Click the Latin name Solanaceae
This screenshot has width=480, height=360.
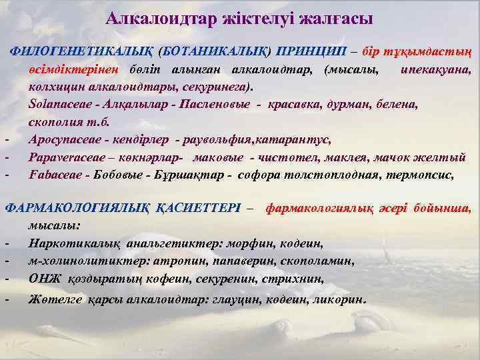(x=57, y=105)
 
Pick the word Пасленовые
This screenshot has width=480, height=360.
(x=216, y=105)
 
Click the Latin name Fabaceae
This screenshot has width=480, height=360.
(x=53, y=175)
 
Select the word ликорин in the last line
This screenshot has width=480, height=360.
(x=342, y=299)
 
